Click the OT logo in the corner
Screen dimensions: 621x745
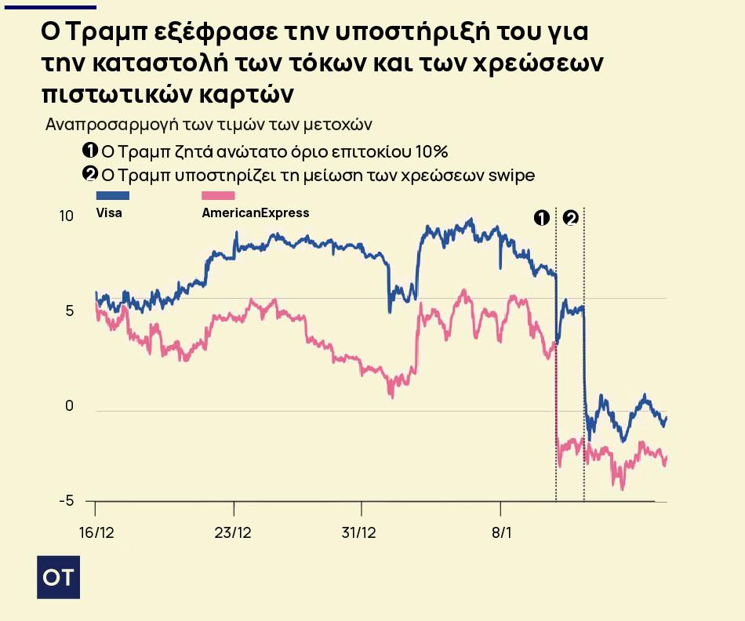tap(58, 578)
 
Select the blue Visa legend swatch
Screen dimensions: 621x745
tap(112, 196)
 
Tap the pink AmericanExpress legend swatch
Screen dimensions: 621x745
tap(218, 196)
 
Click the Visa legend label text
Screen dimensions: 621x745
tap(109, 212)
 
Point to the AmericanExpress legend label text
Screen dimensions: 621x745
tap(256, 212)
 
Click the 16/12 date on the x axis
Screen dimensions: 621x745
tap(97, 532)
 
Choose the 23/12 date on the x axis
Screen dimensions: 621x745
tap(233, 532)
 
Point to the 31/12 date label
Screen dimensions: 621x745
tap(358, 532)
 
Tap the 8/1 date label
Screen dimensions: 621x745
tap(501, 532)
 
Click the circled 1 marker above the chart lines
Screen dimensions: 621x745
tap(541, 218)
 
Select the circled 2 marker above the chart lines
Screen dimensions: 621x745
tap(570, 218)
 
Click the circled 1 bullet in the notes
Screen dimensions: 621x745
tap(90, 151)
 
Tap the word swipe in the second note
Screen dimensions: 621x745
tap(511, 175)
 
